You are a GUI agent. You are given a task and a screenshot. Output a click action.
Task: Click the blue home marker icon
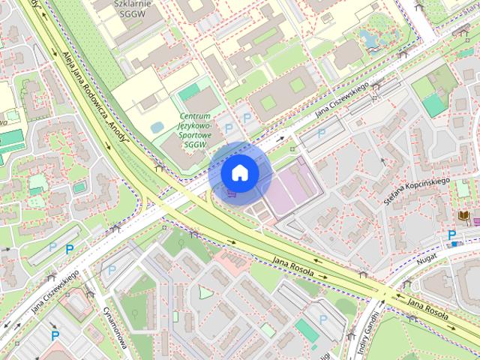pyautogui.click(x=239, y=172)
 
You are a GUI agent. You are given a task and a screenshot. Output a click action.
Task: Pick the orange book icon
pyautogui.click(x=464, y=217)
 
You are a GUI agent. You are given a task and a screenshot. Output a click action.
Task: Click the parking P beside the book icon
pyautogui.click(x=452, y=235)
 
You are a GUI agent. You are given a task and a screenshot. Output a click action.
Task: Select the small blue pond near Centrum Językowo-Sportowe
pyautogui.click(x=157, y=127)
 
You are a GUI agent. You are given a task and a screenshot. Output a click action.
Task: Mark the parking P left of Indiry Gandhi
pyautogui.click(x=323, y=319)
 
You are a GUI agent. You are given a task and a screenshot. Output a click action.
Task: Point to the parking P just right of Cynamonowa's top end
pyautogui.click(x=112, y=269)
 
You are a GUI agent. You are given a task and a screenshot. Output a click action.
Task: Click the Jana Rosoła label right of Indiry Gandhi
pyautogui.click(x=430, y=306)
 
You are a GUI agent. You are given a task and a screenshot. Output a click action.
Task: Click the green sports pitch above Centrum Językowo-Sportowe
pyautogui.click(x=189, y=91)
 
